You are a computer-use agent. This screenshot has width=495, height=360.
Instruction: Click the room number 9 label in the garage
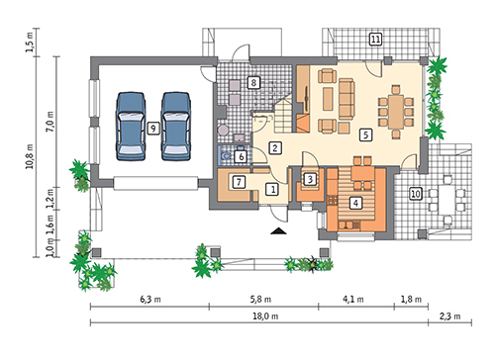[153, 128]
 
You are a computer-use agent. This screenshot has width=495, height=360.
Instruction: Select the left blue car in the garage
[131, 127]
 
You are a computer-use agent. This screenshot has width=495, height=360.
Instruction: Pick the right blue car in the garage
[176, 127]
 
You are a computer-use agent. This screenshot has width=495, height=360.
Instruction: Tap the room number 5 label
[365, 135]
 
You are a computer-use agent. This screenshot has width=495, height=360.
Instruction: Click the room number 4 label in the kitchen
[355, 203]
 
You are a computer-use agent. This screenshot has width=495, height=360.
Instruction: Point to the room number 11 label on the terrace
[375, 40]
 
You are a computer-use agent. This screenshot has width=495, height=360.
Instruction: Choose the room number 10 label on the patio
[416, 194]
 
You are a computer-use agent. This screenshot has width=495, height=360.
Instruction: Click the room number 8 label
[253, 82]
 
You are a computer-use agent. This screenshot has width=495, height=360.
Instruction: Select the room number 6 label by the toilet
[242, 156]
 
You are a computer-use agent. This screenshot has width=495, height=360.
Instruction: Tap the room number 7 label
[239, 182]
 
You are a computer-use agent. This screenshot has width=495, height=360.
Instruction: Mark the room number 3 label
[310, 179]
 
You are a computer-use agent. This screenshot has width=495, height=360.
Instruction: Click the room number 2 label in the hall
[275, 148]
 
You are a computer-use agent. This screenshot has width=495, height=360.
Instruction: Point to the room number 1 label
[273, 190]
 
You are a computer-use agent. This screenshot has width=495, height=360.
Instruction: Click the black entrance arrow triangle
[279, 231]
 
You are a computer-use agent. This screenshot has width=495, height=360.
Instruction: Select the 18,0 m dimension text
[265, 316]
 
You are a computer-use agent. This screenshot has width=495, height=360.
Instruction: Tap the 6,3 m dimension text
[150, 300]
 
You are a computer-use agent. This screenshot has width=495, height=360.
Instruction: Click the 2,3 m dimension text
[449, 316]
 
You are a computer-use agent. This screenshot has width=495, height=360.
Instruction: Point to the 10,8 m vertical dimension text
[30, 156]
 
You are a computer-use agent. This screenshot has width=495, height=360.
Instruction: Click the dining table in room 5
[396, 112]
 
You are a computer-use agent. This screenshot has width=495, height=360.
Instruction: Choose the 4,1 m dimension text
[353, 300]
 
